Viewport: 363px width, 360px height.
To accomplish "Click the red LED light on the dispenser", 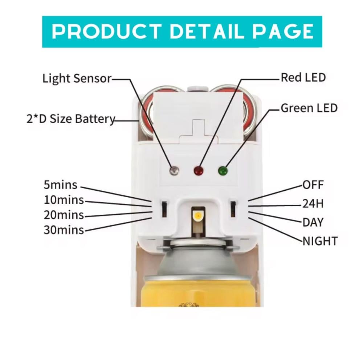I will tap(198, 170).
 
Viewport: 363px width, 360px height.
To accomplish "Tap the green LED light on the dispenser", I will tap(222, 170).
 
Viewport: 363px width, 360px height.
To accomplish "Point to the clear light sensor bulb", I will tap(175, 170).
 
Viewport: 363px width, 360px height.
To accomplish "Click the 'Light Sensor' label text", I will tap(77, 78).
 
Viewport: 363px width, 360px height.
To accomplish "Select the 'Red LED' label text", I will tap(303, 77).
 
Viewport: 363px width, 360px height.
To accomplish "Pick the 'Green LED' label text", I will tap(309, 108).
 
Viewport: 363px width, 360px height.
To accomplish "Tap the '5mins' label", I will tap(60, 185).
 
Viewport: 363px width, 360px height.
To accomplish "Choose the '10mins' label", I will tap(64, 200).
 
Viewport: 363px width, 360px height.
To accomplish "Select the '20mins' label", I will tap(64, 215).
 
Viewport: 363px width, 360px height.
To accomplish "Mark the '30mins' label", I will tap(64, 230).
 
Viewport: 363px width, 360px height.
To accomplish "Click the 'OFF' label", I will tap(313, 185).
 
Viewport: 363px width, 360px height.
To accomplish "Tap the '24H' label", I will tap(313, 204).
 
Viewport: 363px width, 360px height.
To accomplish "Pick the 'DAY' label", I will tap(313, 222).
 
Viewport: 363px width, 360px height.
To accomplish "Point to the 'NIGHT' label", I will tap(320, 240).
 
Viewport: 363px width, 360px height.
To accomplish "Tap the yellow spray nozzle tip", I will tap(198, 217).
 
